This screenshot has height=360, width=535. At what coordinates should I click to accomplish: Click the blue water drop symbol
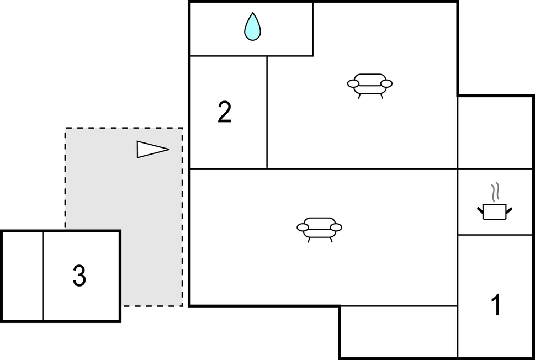coord(252,27)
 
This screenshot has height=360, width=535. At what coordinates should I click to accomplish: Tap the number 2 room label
coord(224,112)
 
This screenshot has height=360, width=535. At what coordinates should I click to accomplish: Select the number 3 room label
coord(80,276)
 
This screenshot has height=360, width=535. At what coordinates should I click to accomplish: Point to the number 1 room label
coord(496,305)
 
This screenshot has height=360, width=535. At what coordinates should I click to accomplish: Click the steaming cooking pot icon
coord(494,211)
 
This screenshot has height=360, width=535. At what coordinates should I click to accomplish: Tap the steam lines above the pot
coord(496,192)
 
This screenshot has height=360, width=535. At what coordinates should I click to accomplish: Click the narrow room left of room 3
coord(22,276)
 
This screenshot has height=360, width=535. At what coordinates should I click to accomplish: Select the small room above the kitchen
coord(495,133)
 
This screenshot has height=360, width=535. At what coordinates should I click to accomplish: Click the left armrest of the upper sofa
coord(353,84)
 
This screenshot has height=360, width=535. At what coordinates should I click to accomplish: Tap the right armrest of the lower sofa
coord(336,227)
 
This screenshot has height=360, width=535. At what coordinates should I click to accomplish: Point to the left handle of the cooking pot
coord(480,209)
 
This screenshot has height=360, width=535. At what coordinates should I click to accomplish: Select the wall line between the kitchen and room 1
coord(495,235)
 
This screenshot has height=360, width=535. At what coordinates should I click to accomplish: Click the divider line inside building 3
coord(43,276)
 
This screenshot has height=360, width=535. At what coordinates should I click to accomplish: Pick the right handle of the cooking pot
coord(509,209)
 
